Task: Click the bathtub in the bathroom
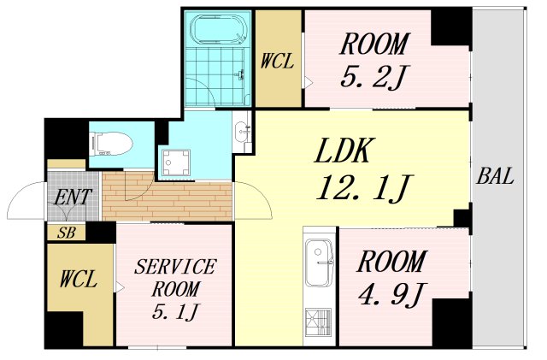click(x=218, y=30)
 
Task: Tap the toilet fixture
click(x=112, y=144)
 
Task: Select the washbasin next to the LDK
click(x=242, y=132)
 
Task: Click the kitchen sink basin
click(x=318, y=263)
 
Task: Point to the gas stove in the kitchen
click(x=318, y=322)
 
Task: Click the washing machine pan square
click(x=176, y=162)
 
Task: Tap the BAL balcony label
click(x=495, y=176)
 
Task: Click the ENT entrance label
click(x=73, y=197)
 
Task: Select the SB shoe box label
click(x=66, y=233)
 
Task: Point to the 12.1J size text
click(x=365, y=188)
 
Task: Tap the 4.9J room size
click(x=391, y=295)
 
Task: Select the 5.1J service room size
click(x=175, y=311)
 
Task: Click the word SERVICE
click(x=175, y=267)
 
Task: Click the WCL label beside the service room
click(x=78, y=280)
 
